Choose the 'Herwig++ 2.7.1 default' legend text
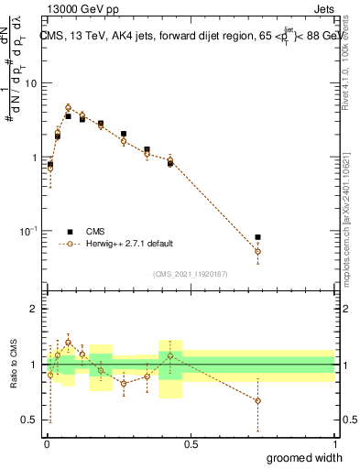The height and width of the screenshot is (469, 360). tap(129, 245)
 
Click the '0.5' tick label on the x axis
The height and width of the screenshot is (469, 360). tap(191, 444)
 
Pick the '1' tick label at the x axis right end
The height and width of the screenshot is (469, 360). tap(333, 444)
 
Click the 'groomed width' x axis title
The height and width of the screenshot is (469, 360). tap(304, 458)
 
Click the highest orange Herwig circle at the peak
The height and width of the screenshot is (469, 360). tap(68, 107)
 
